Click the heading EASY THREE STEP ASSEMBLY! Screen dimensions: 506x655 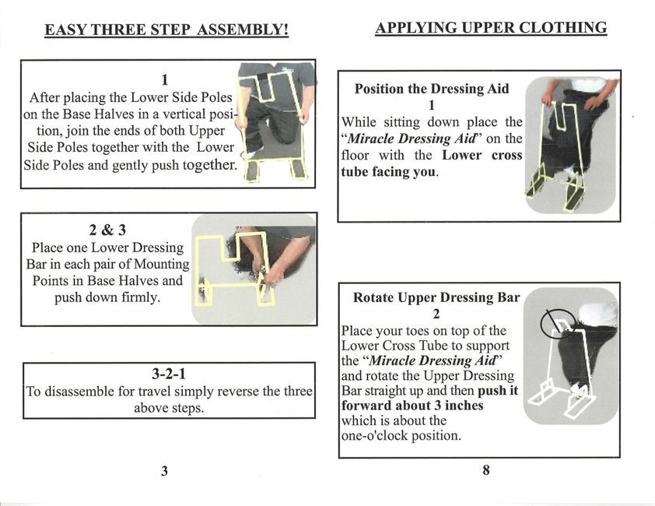click(x=166, y=31)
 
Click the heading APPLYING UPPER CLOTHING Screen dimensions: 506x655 click(x=491, y=29)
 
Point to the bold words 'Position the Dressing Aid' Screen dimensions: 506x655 click(x=432, y=89)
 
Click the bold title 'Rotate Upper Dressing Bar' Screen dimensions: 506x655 click(x=436, y=297)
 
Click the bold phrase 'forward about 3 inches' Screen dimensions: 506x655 click(x=412, y=406)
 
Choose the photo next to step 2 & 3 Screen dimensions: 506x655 click(x=254, y=269)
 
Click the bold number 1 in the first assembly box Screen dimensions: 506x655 click(x=165, y=80)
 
